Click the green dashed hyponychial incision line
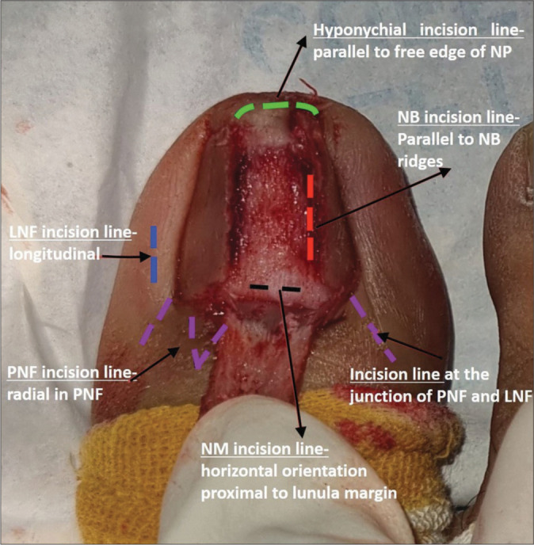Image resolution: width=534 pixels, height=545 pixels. (279, 106)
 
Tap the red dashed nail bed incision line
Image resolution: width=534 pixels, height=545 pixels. (311, 217)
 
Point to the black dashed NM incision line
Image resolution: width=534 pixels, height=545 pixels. (274, 286)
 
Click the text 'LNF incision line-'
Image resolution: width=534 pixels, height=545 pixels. (73, 235)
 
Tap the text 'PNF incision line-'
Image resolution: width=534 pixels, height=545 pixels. (73, 372)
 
